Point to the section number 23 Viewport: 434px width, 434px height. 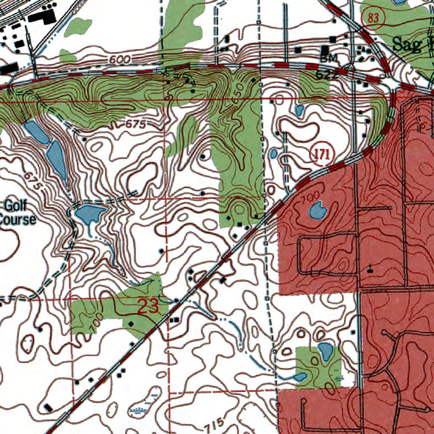pos(148,306)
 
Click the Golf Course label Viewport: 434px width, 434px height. pos(17,213)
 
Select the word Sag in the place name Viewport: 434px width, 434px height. pos(405,44)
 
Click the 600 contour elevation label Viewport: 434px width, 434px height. pos(119,60)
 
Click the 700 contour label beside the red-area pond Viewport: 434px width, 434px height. pos(308,198)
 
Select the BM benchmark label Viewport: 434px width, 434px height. pos(328,58)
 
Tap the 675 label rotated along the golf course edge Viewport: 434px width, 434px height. pos(34,181)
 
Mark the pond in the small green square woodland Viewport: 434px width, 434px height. pos(325,351)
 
